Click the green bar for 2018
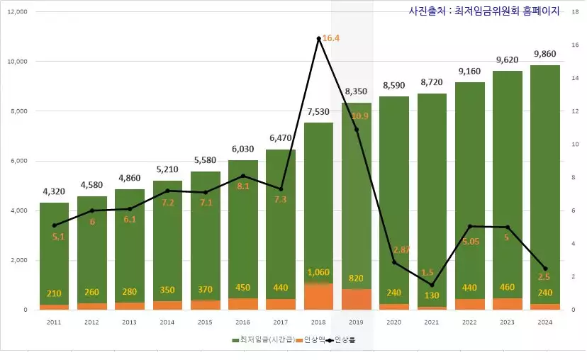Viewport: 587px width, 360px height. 318,198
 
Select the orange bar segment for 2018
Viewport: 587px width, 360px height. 318,296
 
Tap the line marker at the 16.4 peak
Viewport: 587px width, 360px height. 319,38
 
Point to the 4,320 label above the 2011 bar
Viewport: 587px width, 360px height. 54,191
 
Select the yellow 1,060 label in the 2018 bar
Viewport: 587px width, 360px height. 318,272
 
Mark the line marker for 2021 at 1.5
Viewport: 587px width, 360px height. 432,285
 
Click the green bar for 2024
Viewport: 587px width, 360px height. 545,184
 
